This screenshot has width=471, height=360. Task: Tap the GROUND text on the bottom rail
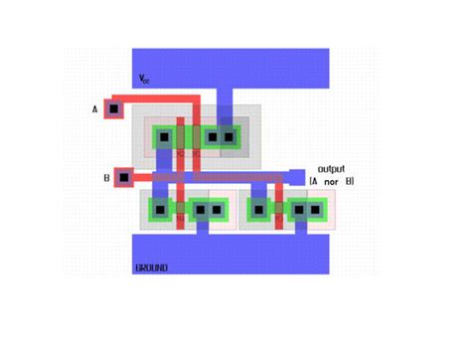coord(151,268)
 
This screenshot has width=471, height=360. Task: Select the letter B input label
coord(105,178)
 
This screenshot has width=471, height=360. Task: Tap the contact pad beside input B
coord(124,178)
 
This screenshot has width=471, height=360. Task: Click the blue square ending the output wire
coord(296,175)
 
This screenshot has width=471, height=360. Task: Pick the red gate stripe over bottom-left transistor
coord(180,209)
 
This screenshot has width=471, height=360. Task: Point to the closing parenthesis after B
coord(353,181)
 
